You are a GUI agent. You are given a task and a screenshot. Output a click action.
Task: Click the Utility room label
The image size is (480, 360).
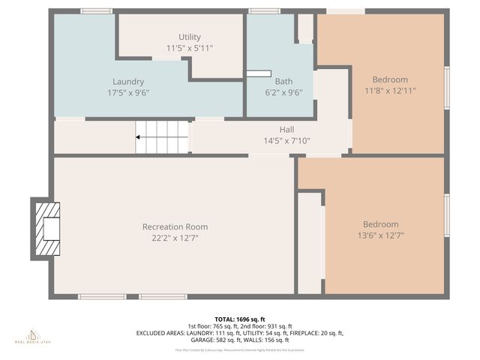190,37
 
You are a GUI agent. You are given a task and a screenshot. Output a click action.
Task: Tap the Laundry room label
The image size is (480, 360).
128,82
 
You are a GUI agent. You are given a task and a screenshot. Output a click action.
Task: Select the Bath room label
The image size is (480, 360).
283,82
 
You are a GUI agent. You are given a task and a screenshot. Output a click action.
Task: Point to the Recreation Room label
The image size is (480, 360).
175,226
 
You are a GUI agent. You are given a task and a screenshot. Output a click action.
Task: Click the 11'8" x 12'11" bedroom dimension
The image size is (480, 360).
390,90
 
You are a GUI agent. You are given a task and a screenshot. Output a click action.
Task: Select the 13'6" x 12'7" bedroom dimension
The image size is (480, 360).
380,235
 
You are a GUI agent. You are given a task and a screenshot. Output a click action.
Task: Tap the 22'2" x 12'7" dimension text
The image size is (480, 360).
175,238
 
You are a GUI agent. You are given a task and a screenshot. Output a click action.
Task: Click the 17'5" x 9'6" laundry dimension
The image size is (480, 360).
128,93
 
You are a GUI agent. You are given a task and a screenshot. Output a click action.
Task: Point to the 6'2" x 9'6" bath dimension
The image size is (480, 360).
283,93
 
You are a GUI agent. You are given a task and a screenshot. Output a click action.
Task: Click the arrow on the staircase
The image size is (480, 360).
140,137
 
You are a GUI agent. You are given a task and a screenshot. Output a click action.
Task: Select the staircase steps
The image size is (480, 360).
166,137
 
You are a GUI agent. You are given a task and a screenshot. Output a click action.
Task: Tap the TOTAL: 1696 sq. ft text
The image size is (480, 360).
239,319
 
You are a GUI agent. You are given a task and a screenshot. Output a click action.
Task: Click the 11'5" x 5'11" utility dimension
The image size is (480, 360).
190,48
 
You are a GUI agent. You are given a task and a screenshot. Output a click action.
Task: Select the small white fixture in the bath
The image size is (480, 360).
259,73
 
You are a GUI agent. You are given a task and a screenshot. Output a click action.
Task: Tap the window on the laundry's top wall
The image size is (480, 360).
96,11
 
